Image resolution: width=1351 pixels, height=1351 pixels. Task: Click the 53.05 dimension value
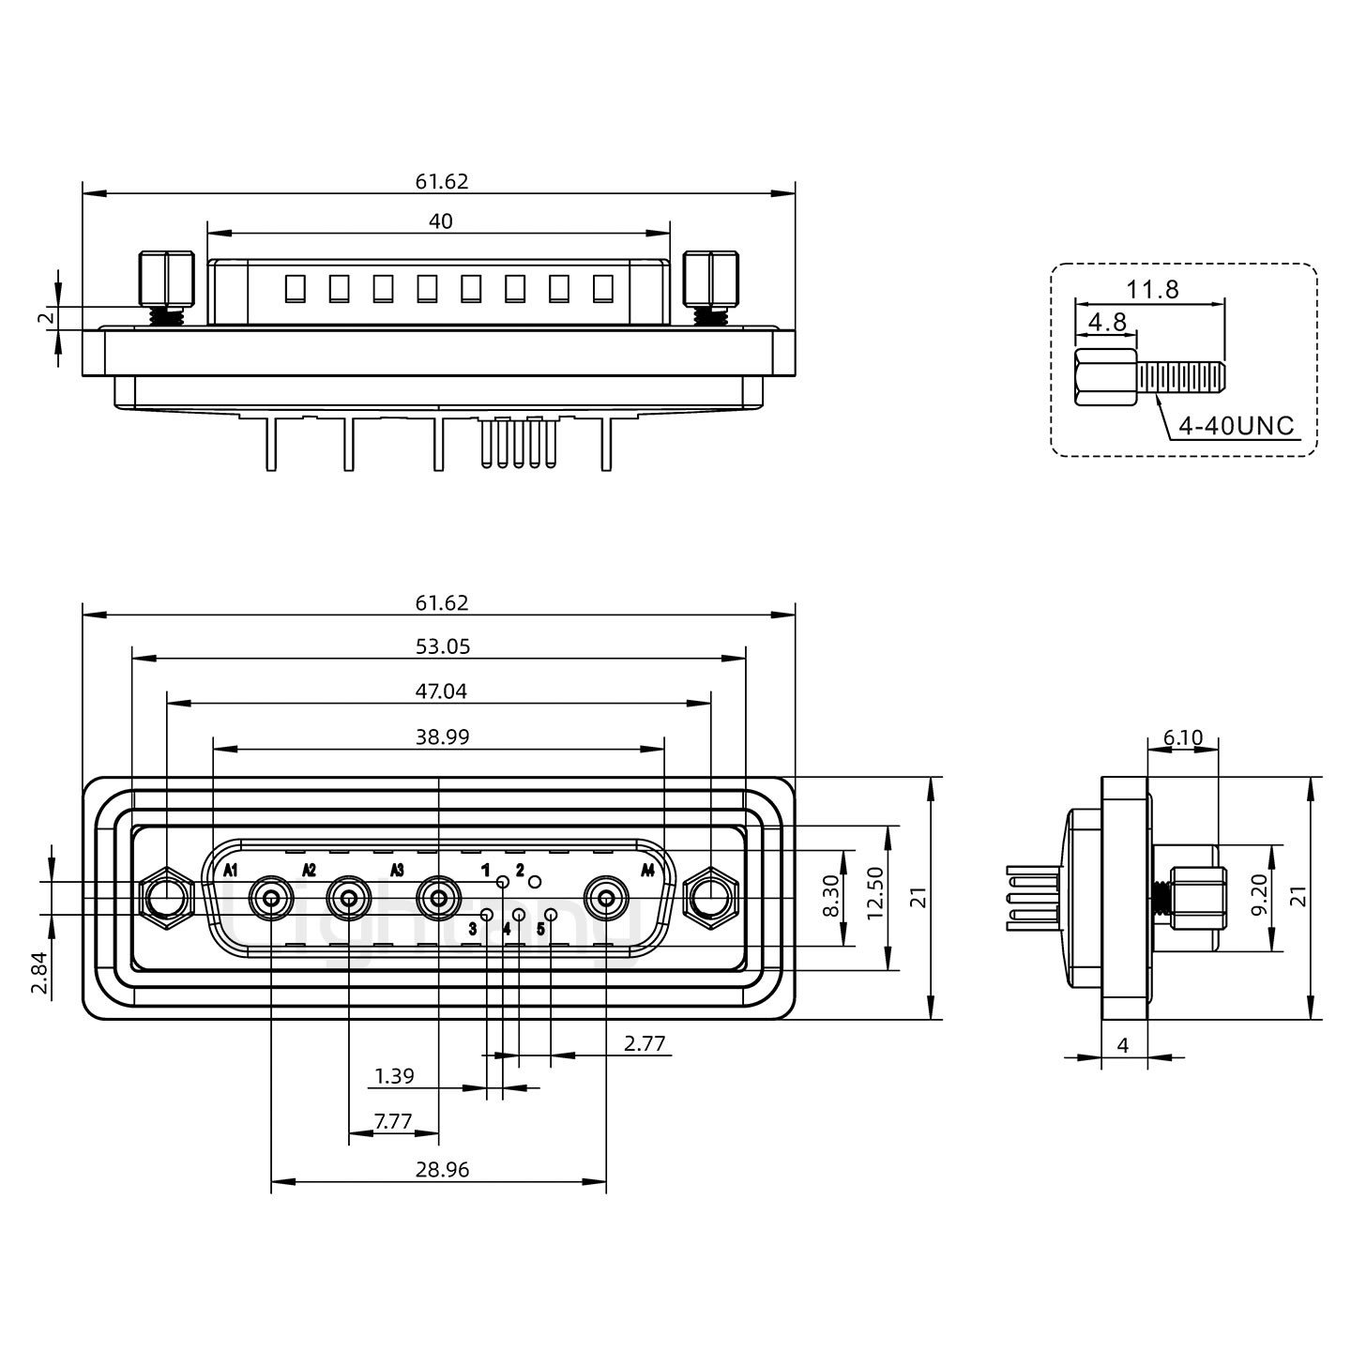click(x=442, y=646)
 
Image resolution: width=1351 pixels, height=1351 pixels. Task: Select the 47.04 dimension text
click(x=442, y=691)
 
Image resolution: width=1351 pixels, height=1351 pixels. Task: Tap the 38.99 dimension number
click(x=442, y=737)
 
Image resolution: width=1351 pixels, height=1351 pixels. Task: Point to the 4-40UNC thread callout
click(x=1236, y=426)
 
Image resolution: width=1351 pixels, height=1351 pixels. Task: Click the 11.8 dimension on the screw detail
click(x=1152, y=290)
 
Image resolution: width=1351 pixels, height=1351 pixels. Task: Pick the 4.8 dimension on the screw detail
click(x=1107, y=322)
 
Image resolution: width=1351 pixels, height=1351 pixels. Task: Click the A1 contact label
click(x=231, y=870)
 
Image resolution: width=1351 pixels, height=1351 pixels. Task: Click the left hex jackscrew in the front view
click(x=166, y=898)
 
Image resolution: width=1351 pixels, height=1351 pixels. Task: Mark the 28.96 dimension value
click(x=442, y=1170)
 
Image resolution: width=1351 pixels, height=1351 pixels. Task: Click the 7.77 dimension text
click(x=392, y=1121)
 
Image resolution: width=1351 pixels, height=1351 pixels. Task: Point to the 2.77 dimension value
click(x=645, y=1043)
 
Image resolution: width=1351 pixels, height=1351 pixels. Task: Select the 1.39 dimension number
click(x=394, y=1076)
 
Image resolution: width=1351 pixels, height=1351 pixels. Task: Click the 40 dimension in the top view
click(x=440, y=221)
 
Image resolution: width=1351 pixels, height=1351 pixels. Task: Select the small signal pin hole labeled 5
click(x=552, y=915)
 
